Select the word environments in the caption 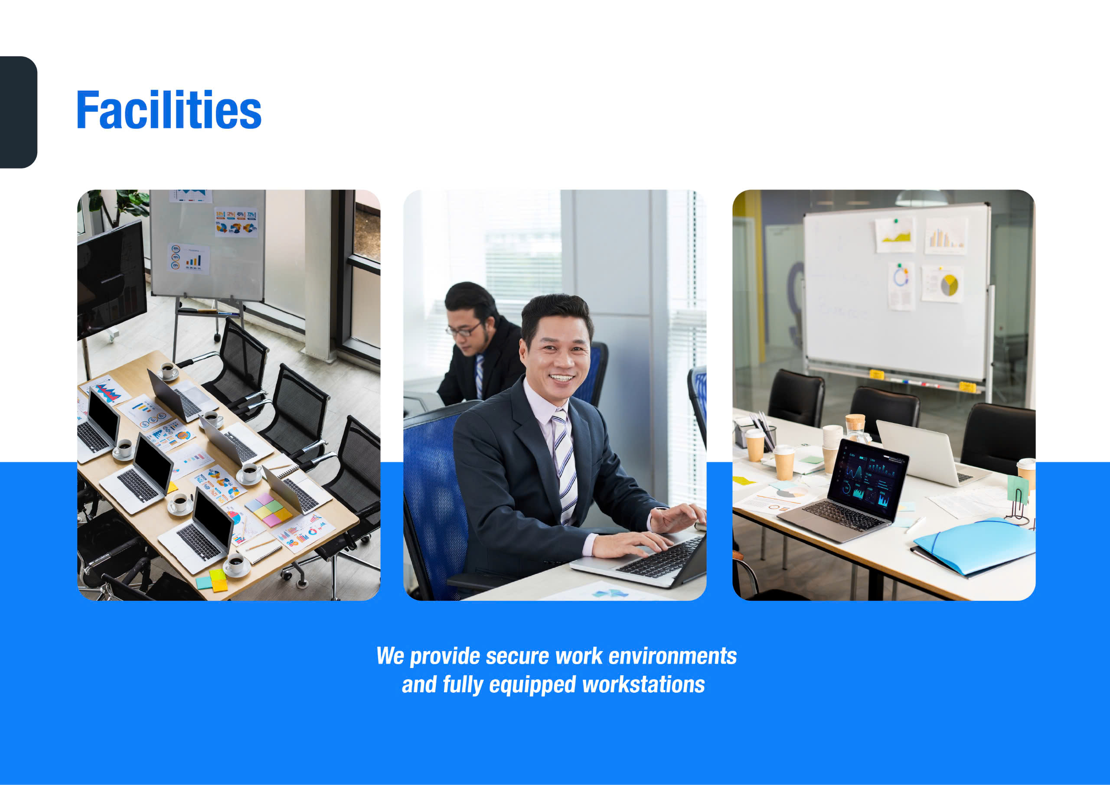pyautogui.click(x=673, y=656)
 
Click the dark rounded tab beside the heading pyautogui.click(x=18, y=112)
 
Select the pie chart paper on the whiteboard pyautogui.click(x=942, y=284)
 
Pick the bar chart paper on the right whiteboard pyautogui.click(x=946, y=236)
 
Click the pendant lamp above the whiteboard pyautogui.click(x=921, y=198)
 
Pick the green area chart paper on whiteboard pyautogui.click(x=895, y=235)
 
